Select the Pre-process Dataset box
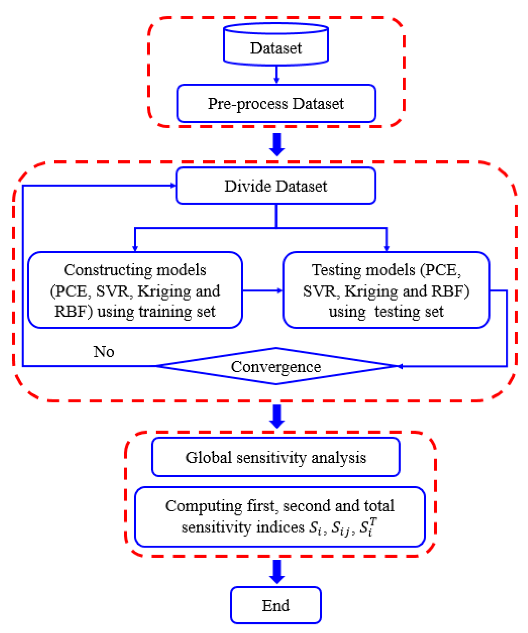276,103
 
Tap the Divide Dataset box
276,186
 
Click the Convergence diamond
276,367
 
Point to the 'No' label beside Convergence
104,352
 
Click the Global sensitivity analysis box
276,458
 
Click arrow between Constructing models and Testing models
262,291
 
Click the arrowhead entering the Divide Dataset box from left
173,186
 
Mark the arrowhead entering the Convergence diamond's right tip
400,367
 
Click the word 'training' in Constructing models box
165,312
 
